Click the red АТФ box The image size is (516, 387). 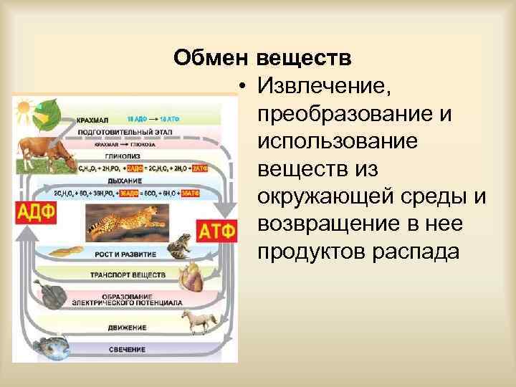214,232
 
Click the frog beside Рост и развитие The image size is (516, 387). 177,246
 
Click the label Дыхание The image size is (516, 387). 125,181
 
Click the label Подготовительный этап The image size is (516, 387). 125,132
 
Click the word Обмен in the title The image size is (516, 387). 211,57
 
